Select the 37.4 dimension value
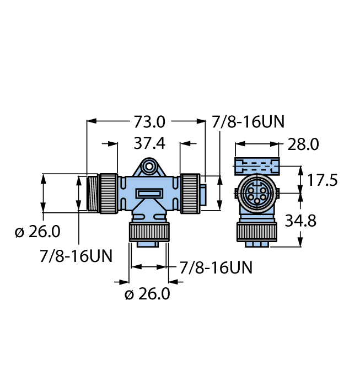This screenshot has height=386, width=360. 149,143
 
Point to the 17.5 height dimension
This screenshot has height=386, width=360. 322,180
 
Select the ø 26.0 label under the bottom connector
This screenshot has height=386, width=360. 147,294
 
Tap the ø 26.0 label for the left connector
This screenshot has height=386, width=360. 37,232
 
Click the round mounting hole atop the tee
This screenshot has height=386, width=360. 148,165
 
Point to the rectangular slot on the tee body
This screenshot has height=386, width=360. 149,194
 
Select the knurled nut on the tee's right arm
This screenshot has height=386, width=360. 190,193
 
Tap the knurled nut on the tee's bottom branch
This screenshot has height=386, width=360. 148,232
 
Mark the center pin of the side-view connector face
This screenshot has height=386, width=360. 257,194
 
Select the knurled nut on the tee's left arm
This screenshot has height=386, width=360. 108,193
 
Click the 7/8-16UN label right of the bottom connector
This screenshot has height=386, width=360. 216,268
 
